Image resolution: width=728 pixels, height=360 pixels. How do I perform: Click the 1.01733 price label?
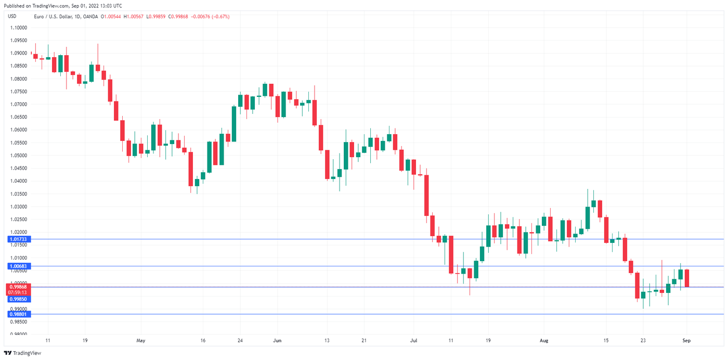coord(17,239)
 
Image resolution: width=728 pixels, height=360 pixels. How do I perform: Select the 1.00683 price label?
coord(17,266)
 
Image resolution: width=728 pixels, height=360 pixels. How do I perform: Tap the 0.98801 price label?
coord(17,314)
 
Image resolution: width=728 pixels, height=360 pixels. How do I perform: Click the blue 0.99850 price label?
coord(17,299)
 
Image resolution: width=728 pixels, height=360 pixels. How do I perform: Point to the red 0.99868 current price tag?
coord(17,287)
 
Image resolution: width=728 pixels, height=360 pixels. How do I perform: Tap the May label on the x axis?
coord(141,341)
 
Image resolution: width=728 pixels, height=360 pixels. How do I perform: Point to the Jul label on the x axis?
coord(413,341)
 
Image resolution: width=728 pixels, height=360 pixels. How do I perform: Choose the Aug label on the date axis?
coord(544,341)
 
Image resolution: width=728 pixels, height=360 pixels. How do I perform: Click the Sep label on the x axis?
coord(686,341)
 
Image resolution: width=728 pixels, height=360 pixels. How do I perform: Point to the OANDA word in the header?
coord(89,17)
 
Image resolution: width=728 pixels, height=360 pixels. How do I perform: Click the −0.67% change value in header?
coord(220,17)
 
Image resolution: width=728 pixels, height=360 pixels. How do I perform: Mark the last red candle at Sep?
coord(687,278)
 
